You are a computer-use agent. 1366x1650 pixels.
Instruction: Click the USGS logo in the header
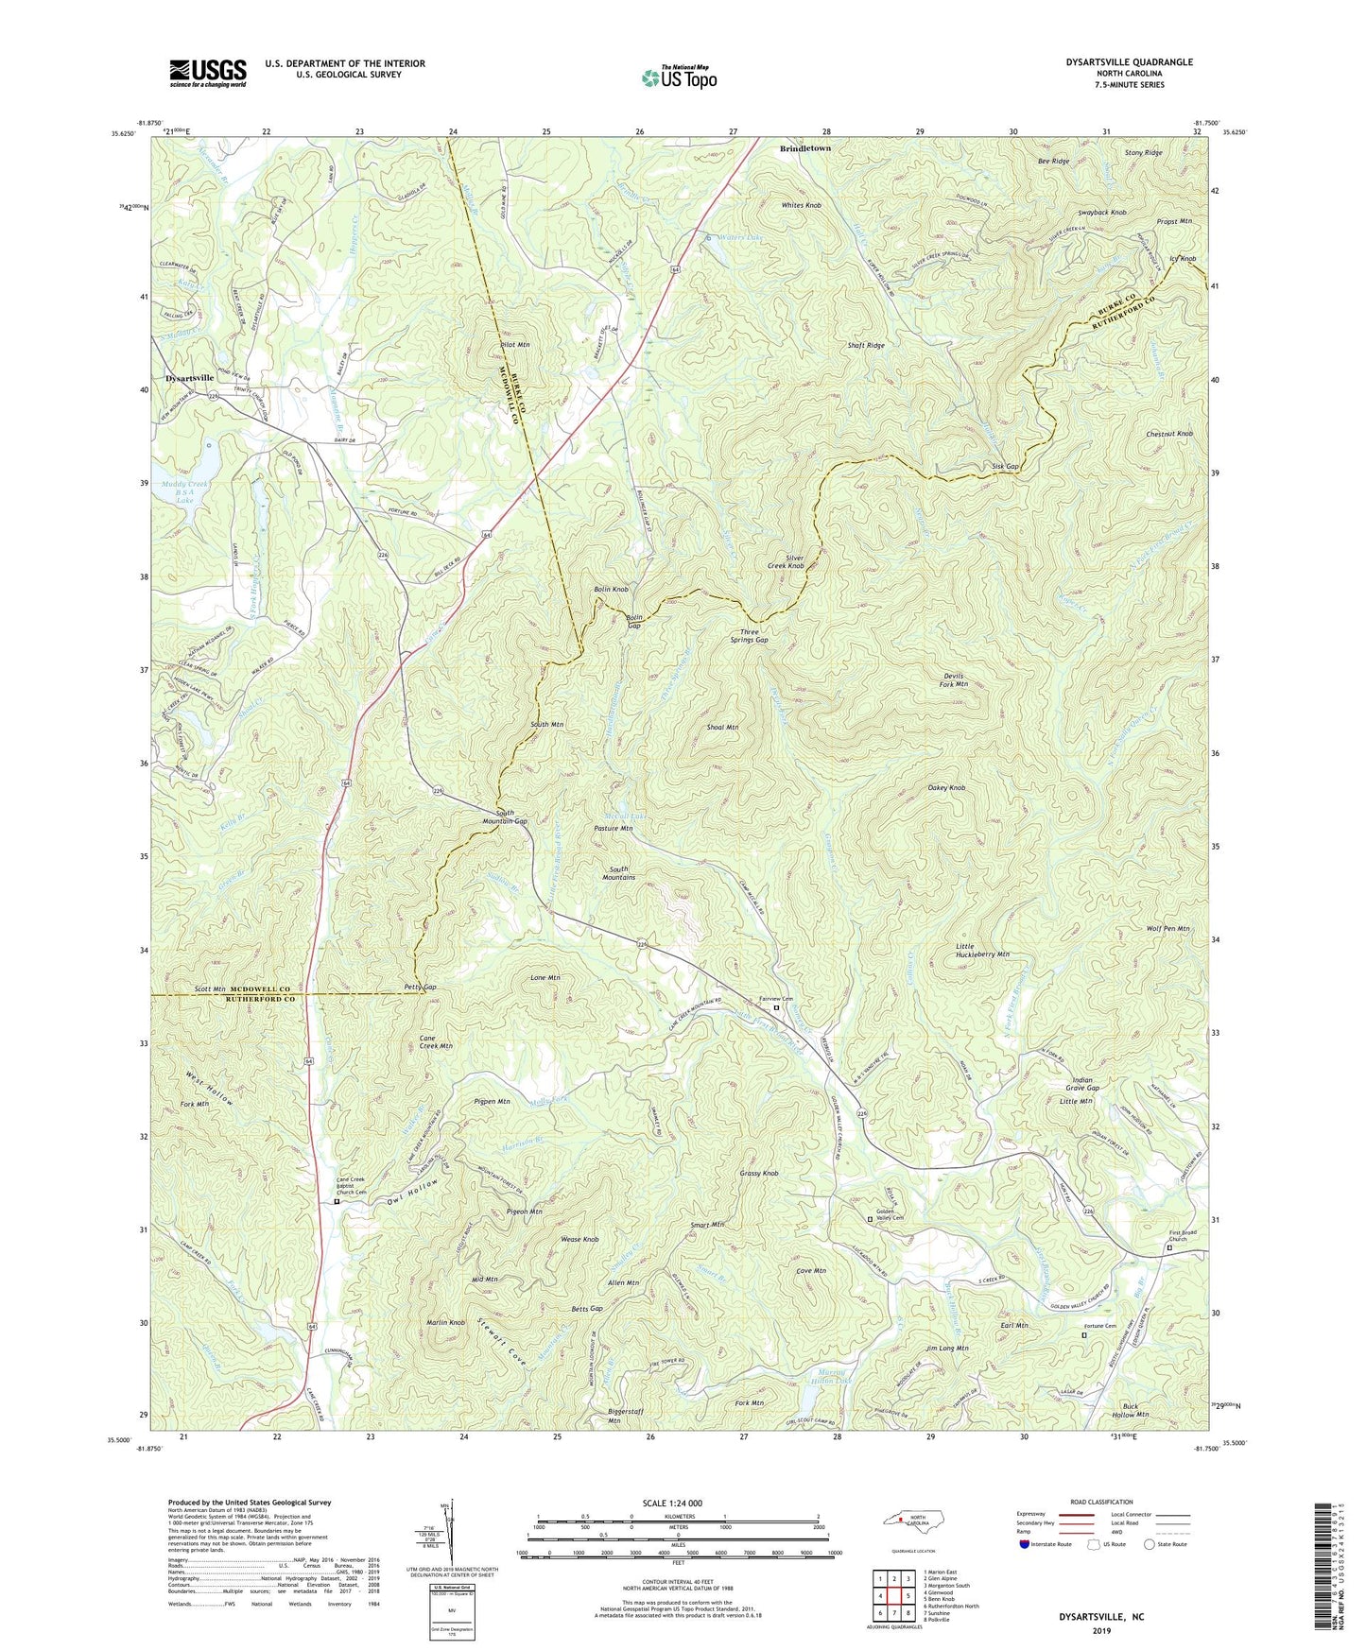click(x=208, y=73)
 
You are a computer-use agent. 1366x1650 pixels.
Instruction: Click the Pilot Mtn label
click(x=514, y=346)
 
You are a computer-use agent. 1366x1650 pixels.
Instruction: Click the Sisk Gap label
click(x=1005, y=467)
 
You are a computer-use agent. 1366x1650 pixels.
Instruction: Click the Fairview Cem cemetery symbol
click(x=777, y=1008)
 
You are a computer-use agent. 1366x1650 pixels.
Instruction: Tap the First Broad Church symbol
click(x=1169, y=1247)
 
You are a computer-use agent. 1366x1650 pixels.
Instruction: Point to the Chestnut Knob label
click(x=1169, y=434)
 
